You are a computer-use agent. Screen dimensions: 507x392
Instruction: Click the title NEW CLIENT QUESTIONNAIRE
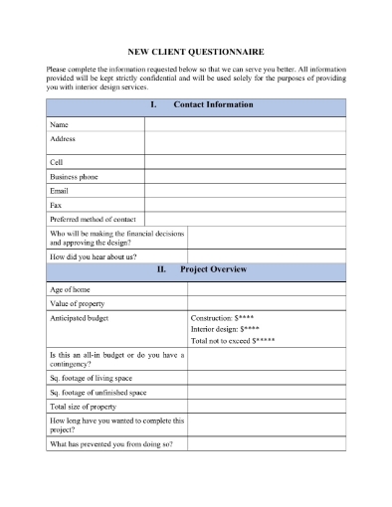(x=196, y=51)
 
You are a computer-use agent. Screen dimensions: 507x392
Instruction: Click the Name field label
(x=59, y=125)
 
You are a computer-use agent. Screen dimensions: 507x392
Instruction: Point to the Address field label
(x=63, y=139)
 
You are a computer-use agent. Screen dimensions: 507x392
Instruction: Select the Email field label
(x=60, y=190)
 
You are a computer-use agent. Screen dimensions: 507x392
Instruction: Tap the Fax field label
(x=56, y=205)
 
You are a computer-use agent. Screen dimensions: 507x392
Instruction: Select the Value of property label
(x=77, y=303)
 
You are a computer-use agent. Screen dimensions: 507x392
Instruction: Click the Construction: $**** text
(x=228, y=318)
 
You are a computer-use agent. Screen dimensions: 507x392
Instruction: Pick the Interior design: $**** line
(x=227, y=329)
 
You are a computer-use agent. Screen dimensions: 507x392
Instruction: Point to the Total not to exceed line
(x=234, y=341)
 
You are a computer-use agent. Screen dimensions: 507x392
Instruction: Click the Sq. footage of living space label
(x=98, y=379)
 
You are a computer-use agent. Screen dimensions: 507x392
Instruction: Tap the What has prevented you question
(x=110, y=443)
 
